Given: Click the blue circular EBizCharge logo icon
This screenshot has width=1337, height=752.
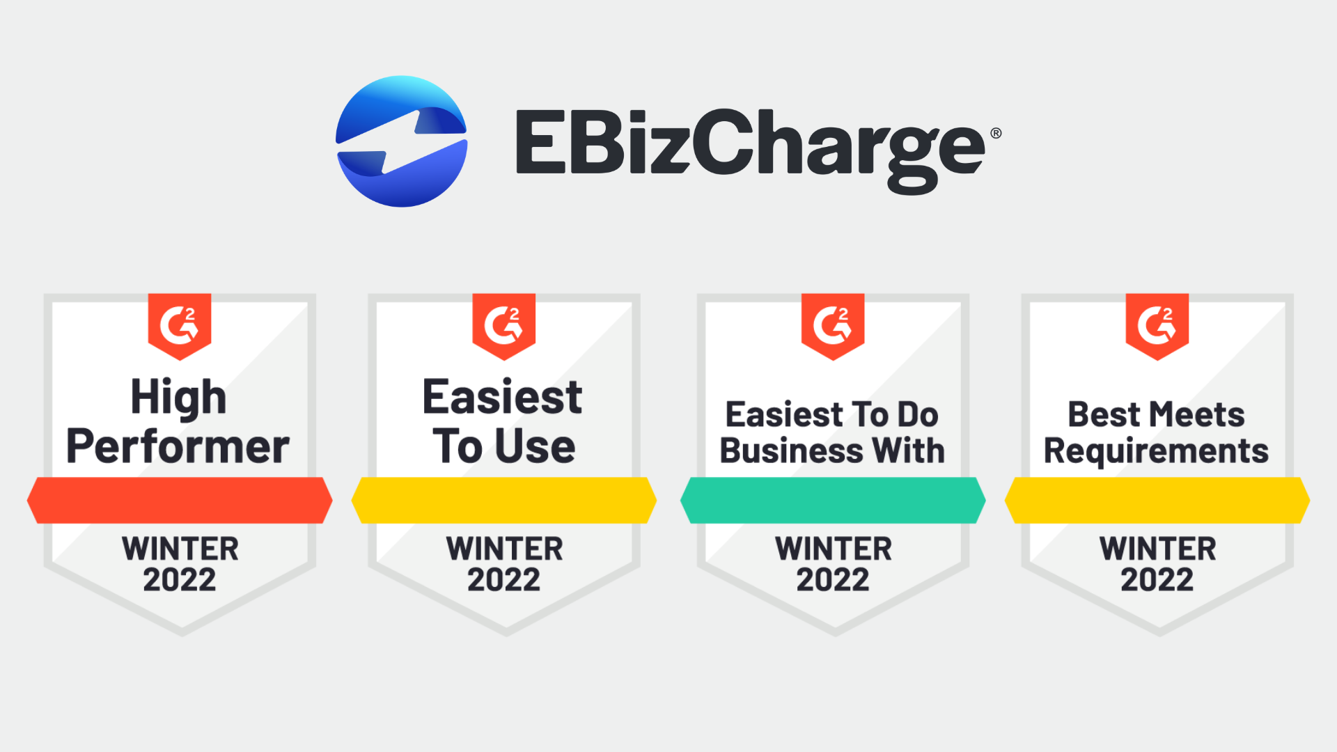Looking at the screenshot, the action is click(x=402, y=141).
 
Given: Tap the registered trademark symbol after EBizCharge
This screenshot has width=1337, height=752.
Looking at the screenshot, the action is click(x=996, y=133).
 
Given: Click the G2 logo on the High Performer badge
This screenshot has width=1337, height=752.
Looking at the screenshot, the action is click(x=180, y=326).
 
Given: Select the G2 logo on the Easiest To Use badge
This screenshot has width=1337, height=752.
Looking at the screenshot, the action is click(x=503, y=326).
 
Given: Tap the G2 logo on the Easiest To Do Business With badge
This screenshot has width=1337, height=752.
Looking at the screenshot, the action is click(x=833, y=326).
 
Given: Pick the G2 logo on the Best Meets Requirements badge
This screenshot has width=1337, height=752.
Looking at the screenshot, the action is click(x=1157, y=326).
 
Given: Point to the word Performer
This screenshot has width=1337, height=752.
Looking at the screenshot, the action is click(x=178, y=446).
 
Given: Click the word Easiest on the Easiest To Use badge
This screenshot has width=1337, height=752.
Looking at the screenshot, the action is click(x=503, y=397).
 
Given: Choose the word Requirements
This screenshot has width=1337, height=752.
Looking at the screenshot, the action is click(x=1156, y=452).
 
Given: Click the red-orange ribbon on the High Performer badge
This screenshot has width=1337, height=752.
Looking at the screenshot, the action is click(x=180, y=500).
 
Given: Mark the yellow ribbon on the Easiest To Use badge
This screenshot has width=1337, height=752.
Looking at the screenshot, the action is click(x=504, y=500).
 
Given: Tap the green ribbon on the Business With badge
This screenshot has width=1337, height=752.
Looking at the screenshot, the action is click(x=833, y=500).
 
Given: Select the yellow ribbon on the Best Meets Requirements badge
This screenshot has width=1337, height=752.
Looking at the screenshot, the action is click(x=1157, y=500).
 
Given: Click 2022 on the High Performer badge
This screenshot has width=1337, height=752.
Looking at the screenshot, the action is click(x=180, y=579).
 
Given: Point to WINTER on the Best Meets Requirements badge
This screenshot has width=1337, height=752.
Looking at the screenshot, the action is click(x=1158, y=549).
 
